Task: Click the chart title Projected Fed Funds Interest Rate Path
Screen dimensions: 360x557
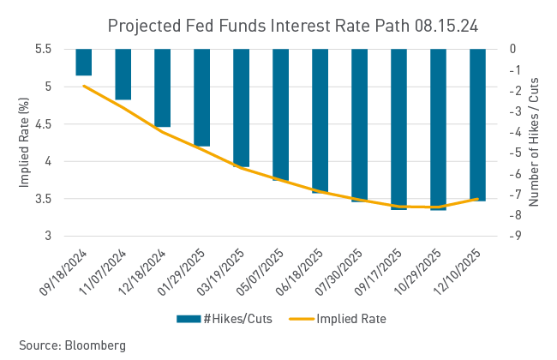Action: (292, 26)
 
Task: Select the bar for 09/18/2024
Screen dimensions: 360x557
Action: (83, 63)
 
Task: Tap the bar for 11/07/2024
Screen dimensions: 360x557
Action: (123, 75)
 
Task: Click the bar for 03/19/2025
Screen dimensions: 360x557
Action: (241, 108)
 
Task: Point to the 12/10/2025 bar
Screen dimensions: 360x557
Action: (477, 124)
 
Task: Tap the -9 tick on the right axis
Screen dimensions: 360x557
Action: (512, 236)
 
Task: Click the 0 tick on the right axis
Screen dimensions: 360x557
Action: (512, 49)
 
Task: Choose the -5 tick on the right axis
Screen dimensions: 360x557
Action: (512, 153)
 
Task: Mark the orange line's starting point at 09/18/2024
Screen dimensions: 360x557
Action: (83, 85)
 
